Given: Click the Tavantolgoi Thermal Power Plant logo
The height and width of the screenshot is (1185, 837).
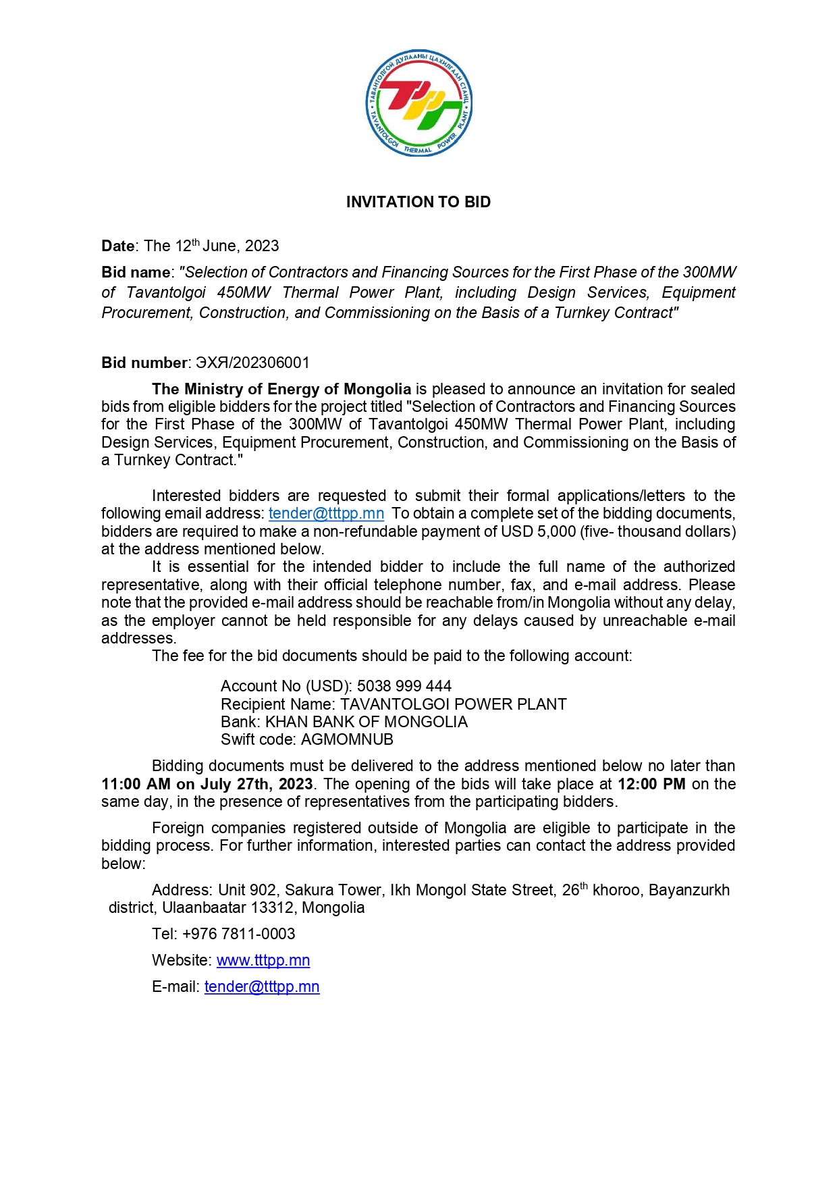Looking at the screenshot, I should coord(418,103).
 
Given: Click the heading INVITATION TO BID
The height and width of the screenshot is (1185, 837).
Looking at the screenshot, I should coord(418,202).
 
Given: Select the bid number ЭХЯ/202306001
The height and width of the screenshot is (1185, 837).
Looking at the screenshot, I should coord(252,363).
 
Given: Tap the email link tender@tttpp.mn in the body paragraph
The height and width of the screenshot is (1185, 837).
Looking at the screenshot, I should coord(326,514).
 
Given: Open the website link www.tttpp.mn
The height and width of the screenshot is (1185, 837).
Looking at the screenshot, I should coord(263,960).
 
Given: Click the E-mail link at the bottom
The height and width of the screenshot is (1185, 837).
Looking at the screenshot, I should coord(262,986).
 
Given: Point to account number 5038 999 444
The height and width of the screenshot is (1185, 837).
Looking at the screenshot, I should coord(404,686).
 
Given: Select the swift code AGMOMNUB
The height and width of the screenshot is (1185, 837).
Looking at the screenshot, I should coord(347,739).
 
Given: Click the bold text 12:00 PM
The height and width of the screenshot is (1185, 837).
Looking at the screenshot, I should coord(651,784).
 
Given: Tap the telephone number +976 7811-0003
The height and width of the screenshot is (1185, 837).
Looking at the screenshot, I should coord(239,934).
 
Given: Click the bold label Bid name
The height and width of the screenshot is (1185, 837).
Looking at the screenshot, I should coord(136,272).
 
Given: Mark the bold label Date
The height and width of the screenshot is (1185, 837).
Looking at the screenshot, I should coord(117,246).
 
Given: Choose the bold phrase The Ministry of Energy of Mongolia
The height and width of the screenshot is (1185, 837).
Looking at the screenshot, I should coord(281,389).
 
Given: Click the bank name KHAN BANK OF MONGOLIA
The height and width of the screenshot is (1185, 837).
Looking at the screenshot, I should coord(366,722).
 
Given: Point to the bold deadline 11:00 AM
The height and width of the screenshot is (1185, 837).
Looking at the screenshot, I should coord(136,784).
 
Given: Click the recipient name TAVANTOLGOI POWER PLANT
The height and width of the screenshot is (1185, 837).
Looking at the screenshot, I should coord(453,704).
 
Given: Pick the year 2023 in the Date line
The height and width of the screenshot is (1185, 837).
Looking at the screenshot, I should coord(262,246).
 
